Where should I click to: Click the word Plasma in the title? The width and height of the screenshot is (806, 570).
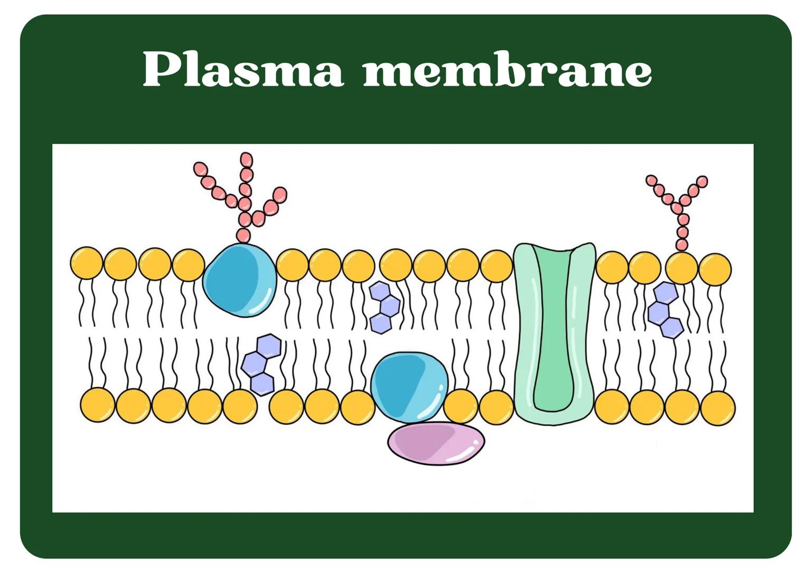coord(243,70)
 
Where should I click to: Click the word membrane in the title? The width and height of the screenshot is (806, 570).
coord(507,70)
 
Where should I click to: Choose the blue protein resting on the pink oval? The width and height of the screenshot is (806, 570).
coord(409,385)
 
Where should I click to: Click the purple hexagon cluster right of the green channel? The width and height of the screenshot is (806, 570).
coord(665,310)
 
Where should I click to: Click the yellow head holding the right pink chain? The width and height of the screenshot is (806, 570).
coord(681,268)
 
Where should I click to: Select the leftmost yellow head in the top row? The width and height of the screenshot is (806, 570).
coord(87,263)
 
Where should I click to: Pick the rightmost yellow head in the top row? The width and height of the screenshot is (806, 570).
coord(715,269)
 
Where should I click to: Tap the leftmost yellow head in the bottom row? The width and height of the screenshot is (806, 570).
coord(97,405)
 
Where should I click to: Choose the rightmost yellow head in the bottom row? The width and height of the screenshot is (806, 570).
coord(718,407)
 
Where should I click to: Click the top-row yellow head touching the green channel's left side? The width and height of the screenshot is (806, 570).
coord(496,266)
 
